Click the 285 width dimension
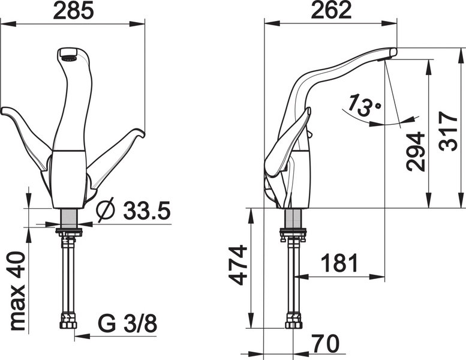pos(73,11)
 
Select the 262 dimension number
pos(331,11)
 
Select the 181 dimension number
pos(339,263)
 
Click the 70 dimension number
pos(324,344)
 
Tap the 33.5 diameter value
pos(147,211)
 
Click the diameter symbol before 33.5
pos(106,211)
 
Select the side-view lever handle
pos(288,141)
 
